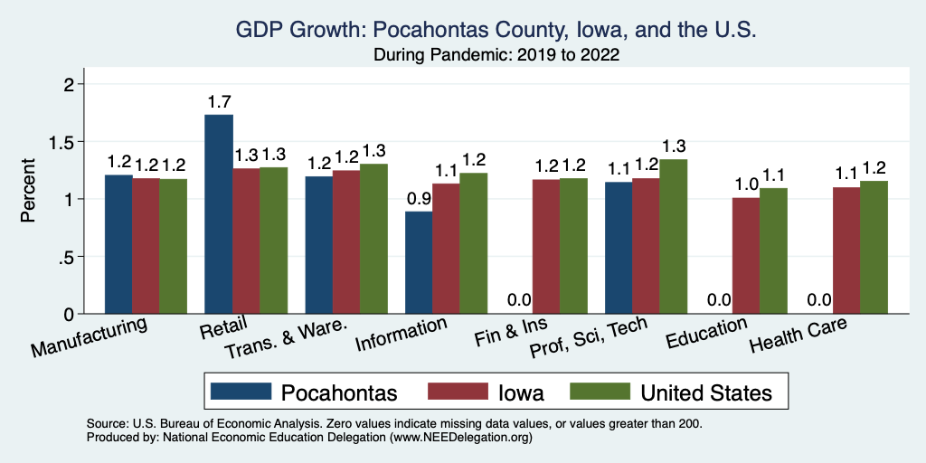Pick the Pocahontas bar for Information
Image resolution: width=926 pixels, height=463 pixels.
pos(419,262)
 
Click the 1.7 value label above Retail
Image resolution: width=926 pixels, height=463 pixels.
pos(219,100)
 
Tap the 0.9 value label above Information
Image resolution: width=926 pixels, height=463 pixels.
pos(419,197)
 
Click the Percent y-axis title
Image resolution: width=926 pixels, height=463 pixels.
pos(29,191)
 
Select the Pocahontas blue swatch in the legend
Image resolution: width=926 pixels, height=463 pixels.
pos(241,392)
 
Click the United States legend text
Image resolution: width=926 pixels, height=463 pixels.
pos(706,392)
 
